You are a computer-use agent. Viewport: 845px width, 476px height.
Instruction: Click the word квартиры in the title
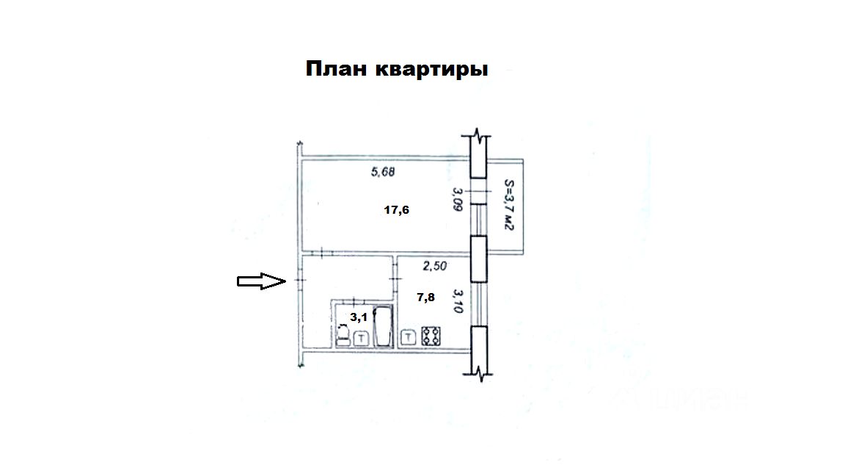click(x=431, y=71)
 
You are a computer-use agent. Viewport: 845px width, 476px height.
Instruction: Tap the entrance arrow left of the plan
click(x=260, y=281)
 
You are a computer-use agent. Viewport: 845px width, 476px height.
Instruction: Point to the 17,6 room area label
click(x=396, y=210)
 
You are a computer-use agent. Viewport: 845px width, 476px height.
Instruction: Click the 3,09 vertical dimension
click(x=457, y=201)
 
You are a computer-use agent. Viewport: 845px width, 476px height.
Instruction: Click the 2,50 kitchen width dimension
click(x=434, y=266)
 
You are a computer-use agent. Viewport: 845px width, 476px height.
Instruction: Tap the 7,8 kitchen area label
click(x=426, y=297)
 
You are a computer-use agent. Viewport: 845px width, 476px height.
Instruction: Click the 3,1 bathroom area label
click(x=358, y=317)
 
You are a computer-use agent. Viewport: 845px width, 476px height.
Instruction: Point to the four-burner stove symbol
click(x=431, y=336)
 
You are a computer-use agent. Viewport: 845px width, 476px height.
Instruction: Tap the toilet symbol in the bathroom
click(x=343, y=336)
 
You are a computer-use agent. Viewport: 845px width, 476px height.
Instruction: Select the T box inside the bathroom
click(x=362, y=339)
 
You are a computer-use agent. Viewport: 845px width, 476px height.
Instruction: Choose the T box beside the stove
click(x=409, y=338)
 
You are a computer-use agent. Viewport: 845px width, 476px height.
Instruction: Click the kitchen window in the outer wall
click(x=478, y=304)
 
